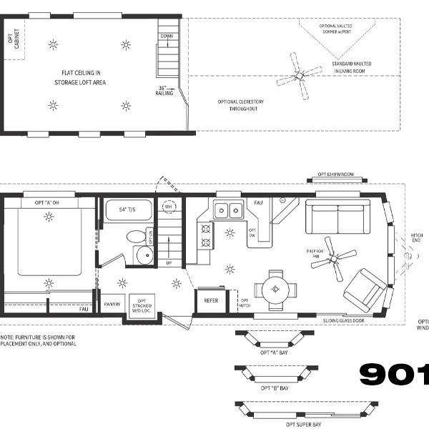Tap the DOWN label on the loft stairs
[167, 36]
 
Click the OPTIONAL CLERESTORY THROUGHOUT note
[241, 105]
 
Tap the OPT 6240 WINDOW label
[337, 174]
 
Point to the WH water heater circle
[169, 207]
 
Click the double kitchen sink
[228, 210]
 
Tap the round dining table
[275, 289]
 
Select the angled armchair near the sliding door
[364, 287]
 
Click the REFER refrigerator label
[210, 301]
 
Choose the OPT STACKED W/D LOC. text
[142, 305]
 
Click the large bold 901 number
[393, 374]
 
